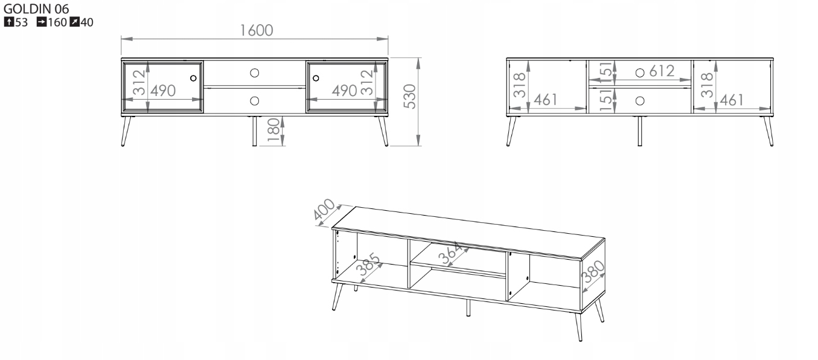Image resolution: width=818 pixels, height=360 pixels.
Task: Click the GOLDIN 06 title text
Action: [x=36, y=8]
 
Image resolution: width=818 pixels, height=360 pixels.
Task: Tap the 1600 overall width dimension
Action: [x=257, y=31]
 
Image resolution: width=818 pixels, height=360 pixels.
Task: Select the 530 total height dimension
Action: [x=410, y=97]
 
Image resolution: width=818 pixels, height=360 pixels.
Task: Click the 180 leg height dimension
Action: [x=273, y=130]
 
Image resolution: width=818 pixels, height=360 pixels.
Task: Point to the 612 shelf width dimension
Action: [x=662, y=71]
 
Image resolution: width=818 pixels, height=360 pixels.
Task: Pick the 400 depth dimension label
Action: [x=324, y=209]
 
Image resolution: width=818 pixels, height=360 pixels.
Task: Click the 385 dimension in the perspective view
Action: [x=368, y=264]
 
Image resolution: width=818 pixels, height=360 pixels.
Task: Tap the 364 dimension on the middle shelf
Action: [x=452, y=253]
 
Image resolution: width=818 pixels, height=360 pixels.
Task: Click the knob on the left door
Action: [x=193, y=78]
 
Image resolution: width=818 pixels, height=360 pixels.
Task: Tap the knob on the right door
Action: [x=316, y=78]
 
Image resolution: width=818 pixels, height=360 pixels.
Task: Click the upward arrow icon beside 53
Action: [x=9, y=22]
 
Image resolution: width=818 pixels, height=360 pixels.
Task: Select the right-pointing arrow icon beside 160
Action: [x=42, y=22]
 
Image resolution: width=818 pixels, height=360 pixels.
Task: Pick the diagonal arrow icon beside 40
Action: [x=74, y=22]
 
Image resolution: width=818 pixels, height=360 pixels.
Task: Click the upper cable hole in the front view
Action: [x=255, y=73]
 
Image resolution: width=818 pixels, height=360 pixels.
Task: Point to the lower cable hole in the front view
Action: [x=255, y=101]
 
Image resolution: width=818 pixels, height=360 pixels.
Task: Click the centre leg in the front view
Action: [x=255, y=131]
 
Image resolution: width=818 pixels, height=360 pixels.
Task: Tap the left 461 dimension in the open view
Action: [x=546, y=100]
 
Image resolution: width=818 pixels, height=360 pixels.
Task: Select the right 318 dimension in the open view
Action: [x=708, y=85]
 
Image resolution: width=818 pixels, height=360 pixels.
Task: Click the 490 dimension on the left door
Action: [x=163, y=91]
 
